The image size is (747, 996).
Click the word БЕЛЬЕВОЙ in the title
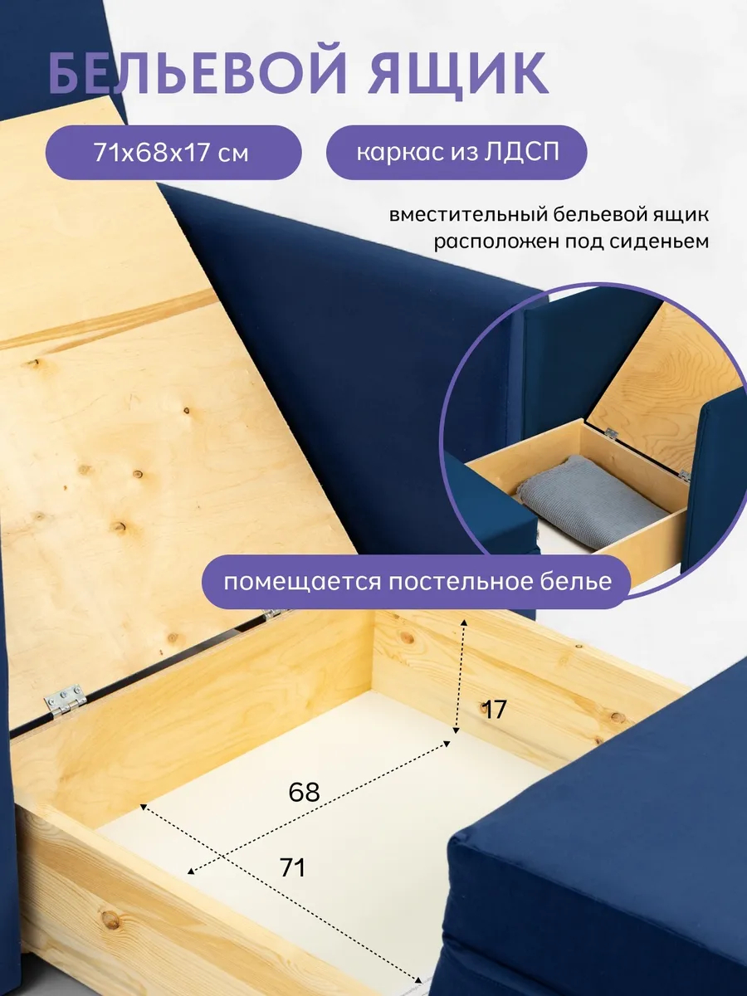[x=198, y=74]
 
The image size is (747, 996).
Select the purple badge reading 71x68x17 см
[x=173, y=153]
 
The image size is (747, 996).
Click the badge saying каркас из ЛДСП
[x=456, y=153]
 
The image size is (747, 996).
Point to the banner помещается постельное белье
[x=417, y=582]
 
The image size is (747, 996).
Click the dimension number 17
[x=494, y=710]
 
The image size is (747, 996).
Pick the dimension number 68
[x=304, y=793]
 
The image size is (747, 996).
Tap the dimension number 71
[x=292, y=868]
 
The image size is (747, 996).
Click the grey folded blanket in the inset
[x=592, y=499]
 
